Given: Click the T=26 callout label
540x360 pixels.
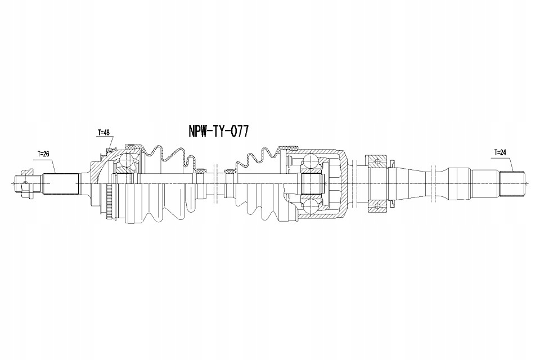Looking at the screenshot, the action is pos(43,154).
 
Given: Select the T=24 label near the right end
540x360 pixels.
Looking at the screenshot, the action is pos(500,152).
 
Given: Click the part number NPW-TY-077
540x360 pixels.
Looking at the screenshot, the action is pos(218,131).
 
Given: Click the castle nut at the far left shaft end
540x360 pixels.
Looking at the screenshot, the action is pos(24,183).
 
